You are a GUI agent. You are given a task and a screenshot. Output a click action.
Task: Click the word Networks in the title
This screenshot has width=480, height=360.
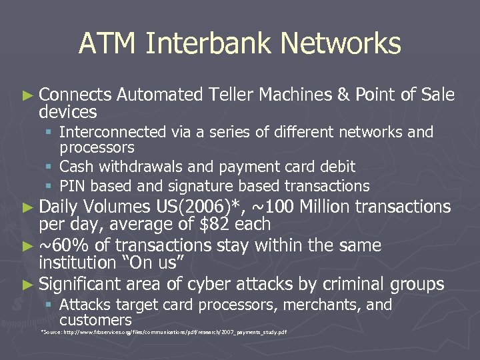pyautogui.click(x=341, y=44)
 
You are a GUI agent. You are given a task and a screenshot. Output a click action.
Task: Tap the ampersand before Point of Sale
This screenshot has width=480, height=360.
pyautogui.click(x=344, y=95)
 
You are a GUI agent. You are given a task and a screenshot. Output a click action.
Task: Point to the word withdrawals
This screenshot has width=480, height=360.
pyautogui.click(x=143, y=167)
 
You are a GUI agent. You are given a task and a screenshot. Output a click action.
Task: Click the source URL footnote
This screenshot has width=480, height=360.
pyautogui.click(x=164, y=331)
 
